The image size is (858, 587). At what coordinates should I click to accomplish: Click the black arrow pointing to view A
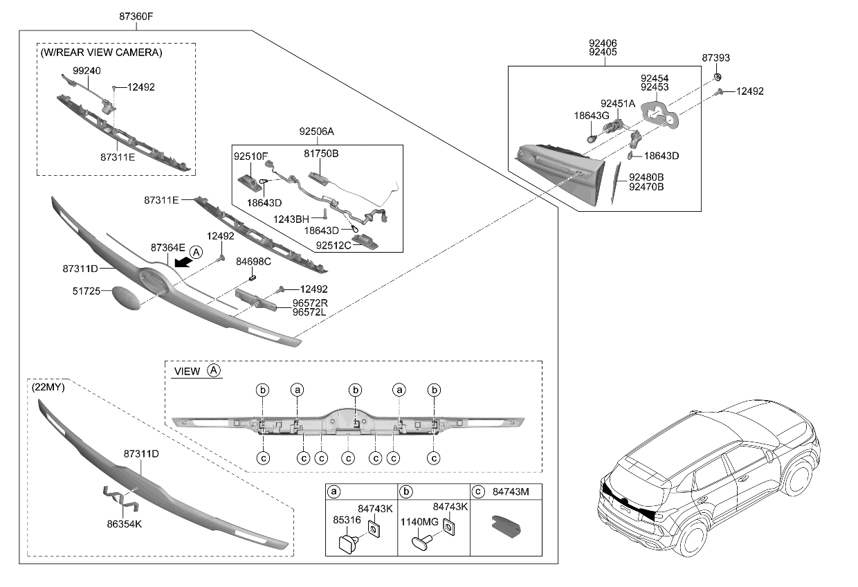[x=181, y=261]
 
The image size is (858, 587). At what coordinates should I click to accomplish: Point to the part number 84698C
[x=253, y=262]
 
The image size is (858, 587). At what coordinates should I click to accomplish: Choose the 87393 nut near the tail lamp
[x=718, y=76]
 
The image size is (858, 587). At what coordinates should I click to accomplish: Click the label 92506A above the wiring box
[x=316, y=131]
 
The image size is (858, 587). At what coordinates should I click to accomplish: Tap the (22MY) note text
[x=48, y=388]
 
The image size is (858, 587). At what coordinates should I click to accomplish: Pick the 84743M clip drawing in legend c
[x=505, y=527]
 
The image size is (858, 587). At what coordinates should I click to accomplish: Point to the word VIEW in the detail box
[x=187, y=371]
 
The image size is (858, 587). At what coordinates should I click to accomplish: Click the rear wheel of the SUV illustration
[x=693, y=537]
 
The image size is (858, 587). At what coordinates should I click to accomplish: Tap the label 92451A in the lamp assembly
[x=617, y=103]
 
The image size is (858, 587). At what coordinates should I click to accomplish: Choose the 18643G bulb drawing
[x=593, y=137]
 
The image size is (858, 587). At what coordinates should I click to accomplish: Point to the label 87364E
[x=168, y=247]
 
